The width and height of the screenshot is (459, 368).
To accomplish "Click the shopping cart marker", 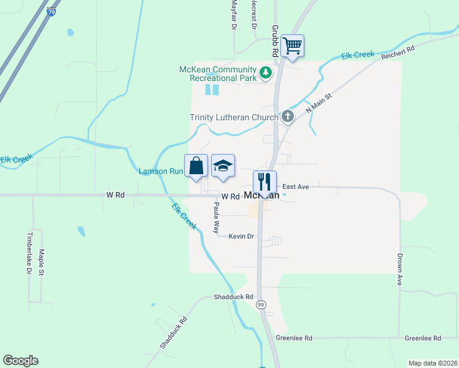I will tap(293, 46).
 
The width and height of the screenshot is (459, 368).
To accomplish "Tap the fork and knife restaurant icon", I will tap(264, 182).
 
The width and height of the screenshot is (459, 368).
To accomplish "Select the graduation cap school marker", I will tap(223, 166).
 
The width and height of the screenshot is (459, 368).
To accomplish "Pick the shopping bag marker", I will tap(196, 166).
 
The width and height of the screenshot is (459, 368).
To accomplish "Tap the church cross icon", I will tap(287, 117).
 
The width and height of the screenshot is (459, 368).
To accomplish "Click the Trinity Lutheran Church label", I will tap(234, 117).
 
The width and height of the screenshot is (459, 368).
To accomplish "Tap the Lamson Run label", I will tap(161, 171).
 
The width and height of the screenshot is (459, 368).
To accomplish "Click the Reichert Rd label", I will tap(398, 52).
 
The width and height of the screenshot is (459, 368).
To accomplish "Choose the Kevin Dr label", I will tap(241, 236).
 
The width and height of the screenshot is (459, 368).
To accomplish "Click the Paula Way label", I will tap(217, 218).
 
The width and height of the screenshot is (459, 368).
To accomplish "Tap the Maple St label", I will tap(42, 261).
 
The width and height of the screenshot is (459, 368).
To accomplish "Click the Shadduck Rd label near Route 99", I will tap(233, 297).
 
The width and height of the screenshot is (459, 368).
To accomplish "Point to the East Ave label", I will tap(295, 186).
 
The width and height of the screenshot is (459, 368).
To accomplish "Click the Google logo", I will tap(20, 361).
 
